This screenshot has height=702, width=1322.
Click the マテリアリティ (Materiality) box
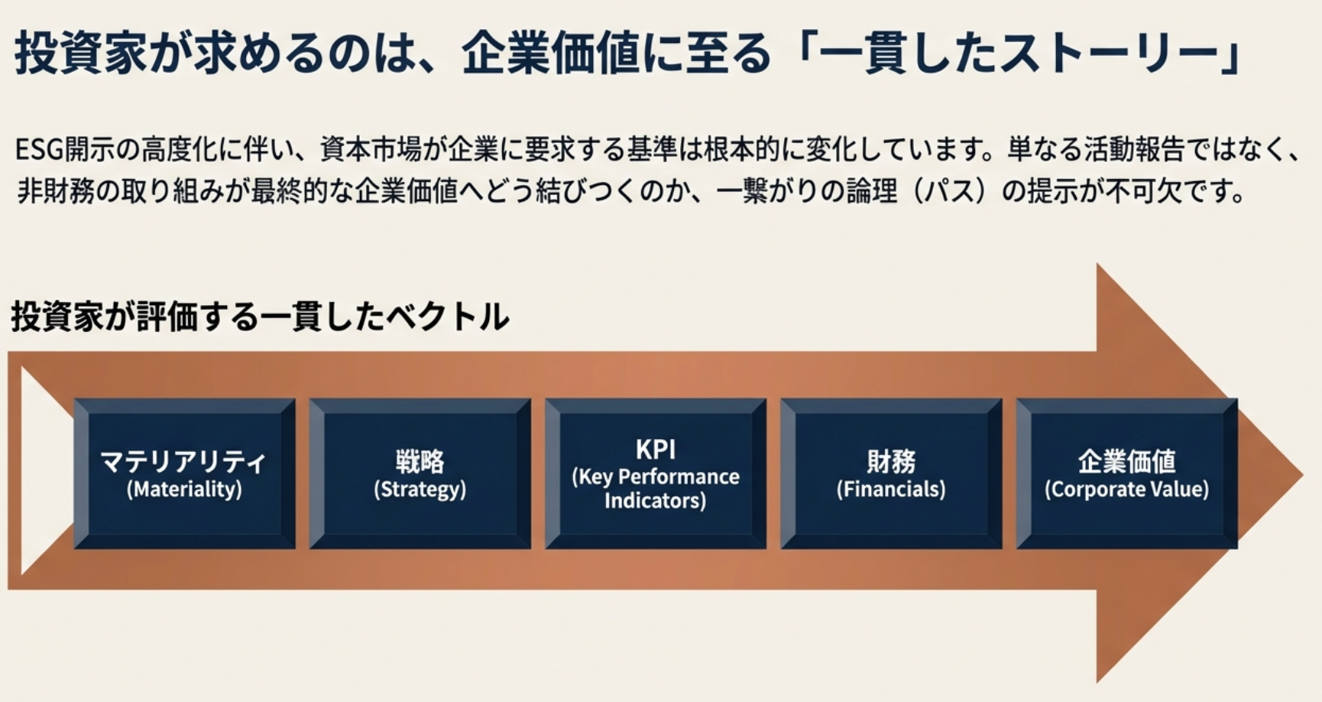184,473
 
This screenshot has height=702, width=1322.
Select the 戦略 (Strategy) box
420,473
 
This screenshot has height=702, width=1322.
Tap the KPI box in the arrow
655,473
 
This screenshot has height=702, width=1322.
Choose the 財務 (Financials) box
891,473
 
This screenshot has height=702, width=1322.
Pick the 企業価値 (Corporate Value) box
1126,473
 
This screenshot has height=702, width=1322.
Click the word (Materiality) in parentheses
184,489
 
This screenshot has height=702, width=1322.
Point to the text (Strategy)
420,489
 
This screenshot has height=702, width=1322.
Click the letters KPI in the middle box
655,449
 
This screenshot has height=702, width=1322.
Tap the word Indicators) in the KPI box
655,501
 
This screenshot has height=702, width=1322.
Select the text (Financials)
891,489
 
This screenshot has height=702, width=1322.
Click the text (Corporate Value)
1126,489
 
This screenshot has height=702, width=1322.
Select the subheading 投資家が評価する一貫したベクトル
260,317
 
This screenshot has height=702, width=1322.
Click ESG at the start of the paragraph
38,150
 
